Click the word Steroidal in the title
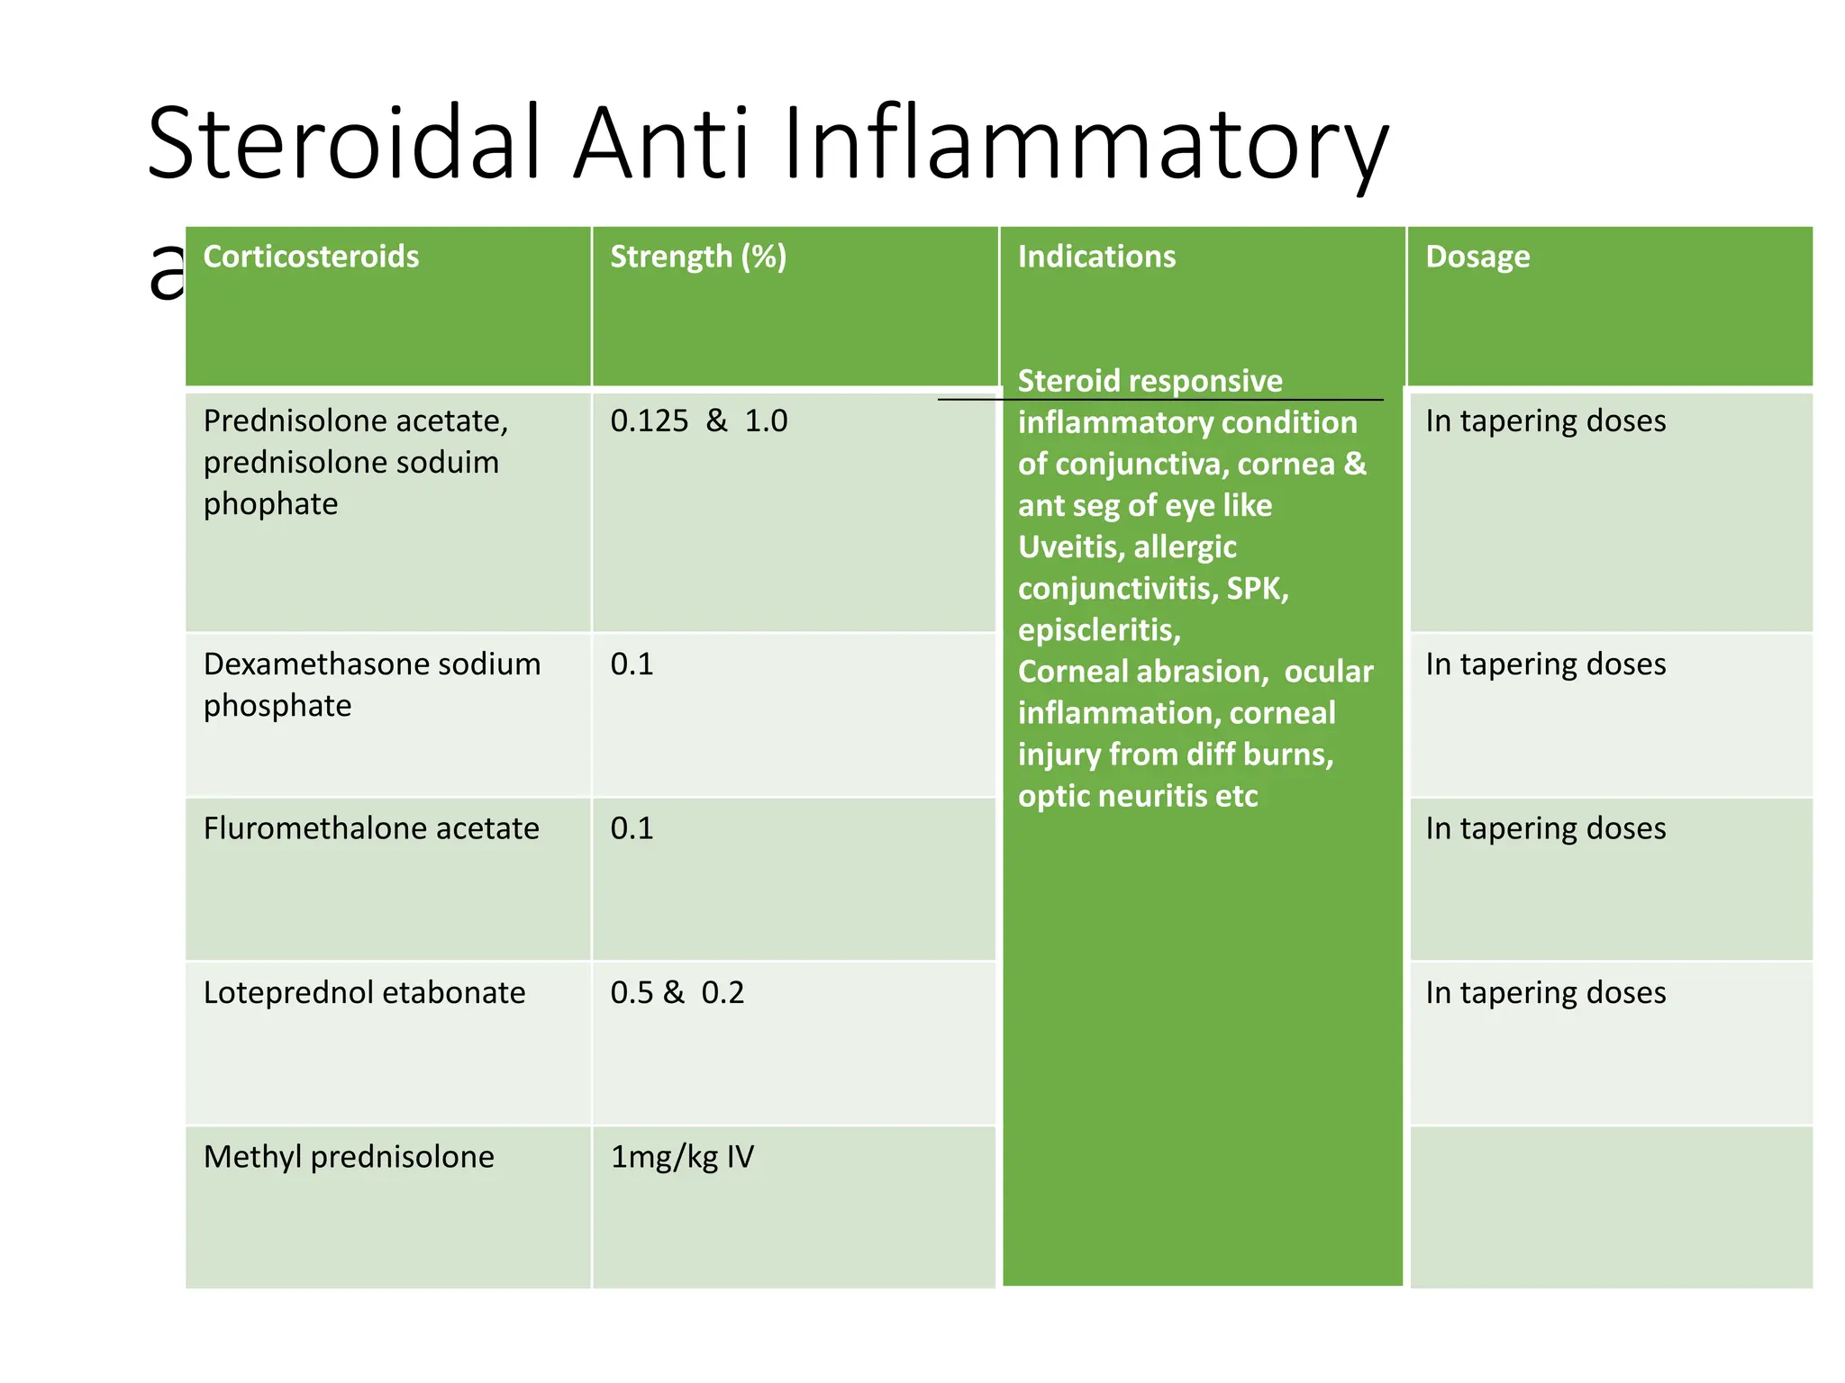click(x=344, y=144)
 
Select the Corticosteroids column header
click(x=311, y=257)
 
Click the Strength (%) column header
click(x=698, y=257)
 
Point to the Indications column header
click(x=1096, y=257)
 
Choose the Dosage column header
click(x=1477, y=257)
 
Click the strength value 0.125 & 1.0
click(x=698, y=420)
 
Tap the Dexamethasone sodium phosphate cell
click(x=371, y=684)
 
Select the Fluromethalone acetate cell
click(x=371, y=828)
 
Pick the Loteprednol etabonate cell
click(x=364, y=992)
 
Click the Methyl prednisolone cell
click(x=349, y=1156)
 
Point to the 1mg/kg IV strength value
click(x=682, y=1156)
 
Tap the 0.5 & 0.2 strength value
click(x=677, y=992)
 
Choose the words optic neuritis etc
click(x=1137, y=796)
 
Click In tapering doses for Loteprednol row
click(x=1545, y=992)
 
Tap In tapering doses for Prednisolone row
click(x=1545, y=420)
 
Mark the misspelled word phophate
click(x=270, y=504)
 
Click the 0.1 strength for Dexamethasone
click(x=632, y=664)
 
